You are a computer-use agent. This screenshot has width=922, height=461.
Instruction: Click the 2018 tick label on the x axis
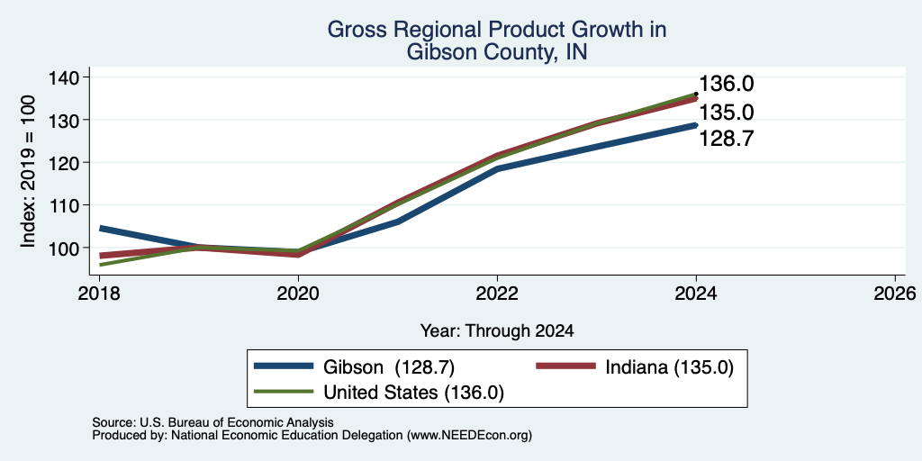[x=99, y=293]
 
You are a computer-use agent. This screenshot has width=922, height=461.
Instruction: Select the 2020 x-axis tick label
[x=298, y=293]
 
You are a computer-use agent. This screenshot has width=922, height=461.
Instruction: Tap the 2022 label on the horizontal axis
[x=497, y=293]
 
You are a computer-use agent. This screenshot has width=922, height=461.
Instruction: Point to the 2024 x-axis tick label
[x=696, y=293]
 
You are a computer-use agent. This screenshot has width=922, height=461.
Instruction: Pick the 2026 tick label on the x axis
[x=895, y=293]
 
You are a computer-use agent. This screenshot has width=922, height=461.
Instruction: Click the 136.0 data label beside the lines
[x=727, y=84]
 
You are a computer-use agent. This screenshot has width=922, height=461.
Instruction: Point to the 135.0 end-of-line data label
[x=727, y=113]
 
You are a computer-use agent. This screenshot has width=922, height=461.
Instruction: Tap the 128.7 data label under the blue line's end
[x=727, y=139]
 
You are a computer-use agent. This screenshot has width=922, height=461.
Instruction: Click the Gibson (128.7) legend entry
[x=354, y=366]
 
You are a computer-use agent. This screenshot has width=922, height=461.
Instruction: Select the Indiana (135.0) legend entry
[x=635, y=366]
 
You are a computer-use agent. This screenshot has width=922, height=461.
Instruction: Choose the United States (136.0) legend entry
[x=379, y=392]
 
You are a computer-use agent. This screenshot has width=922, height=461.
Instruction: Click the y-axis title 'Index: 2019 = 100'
[x=28, y=171]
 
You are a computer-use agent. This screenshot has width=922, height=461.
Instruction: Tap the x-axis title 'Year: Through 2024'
[x=497, y=331]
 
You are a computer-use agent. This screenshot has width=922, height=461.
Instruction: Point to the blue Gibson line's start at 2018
[x=100, y=228]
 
